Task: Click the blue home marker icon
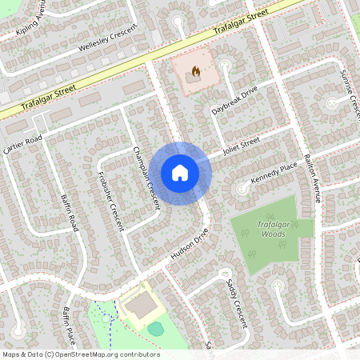click(x=180, y=173)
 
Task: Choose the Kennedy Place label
click(x=274, y=175)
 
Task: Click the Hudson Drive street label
click(x=189, y=246)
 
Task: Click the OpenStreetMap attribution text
click(x=81, y=354)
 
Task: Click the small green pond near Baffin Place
click(x=156, y=328)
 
